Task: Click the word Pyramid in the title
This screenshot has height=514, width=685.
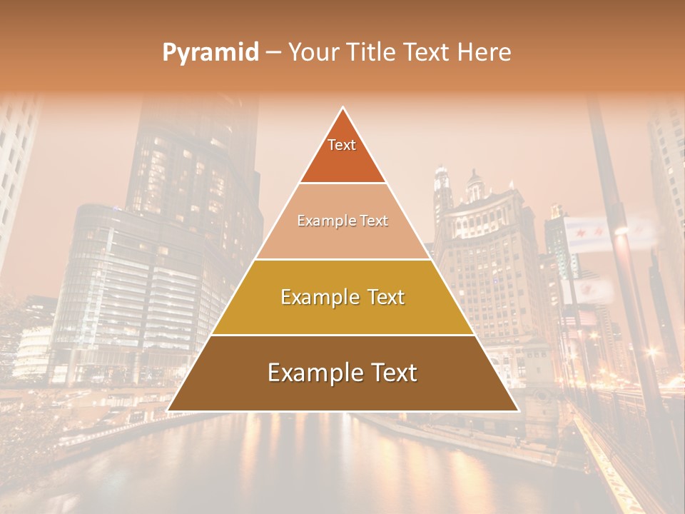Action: [210, 53]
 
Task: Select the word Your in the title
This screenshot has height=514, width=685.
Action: [311, 53]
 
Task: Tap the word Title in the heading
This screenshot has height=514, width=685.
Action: [371, 53]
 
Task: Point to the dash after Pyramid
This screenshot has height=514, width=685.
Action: [273, 53]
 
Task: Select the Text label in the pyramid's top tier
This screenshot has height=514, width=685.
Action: [342, 146]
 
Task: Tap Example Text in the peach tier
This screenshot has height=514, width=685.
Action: [342, 221]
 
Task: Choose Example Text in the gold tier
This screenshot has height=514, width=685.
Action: [342, 297]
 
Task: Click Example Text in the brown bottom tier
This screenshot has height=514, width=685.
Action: [342, 373]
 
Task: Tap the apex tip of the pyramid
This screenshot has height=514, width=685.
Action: [343, 109]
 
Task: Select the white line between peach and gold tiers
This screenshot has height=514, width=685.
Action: [342, 259]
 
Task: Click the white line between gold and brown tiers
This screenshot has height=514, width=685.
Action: [342, 335]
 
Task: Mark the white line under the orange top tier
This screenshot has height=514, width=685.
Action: [342, 183]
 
